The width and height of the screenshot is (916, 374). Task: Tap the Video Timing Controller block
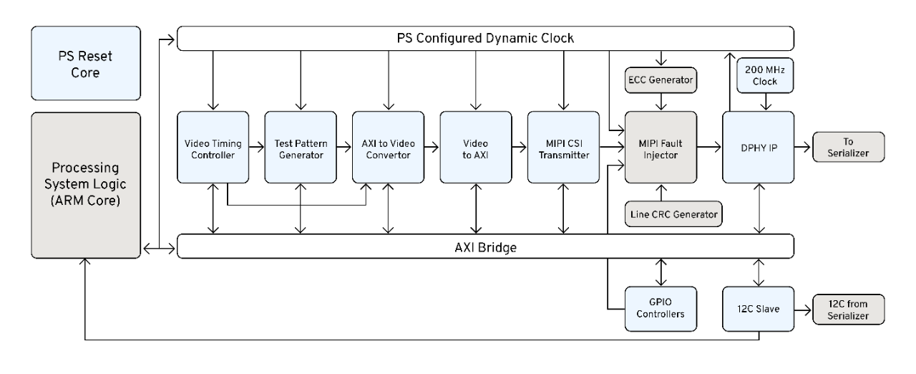(212, 146)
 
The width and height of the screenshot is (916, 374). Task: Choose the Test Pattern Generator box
(300, 146)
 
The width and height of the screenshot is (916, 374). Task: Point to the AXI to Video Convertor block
(388, 146)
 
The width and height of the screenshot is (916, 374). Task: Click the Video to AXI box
(475, 146)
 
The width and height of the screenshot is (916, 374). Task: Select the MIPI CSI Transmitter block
(563, 146)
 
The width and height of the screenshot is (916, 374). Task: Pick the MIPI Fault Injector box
(661, 146)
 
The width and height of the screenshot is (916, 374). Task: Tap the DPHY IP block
(758, 146)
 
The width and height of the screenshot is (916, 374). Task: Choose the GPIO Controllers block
(661, 309)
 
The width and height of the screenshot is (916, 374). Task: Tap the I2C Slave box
(758, 309)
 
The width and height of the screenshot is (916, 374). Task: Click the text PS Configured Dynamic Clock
(485, 38)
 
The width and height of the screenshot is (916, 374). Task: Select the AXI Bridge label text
(485, 246)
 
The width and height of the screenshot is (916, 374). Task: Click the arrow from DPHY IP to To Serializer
(802, 146)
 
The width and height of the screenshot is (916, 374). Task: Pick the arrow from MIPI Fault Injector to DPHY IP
(709, 146)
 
